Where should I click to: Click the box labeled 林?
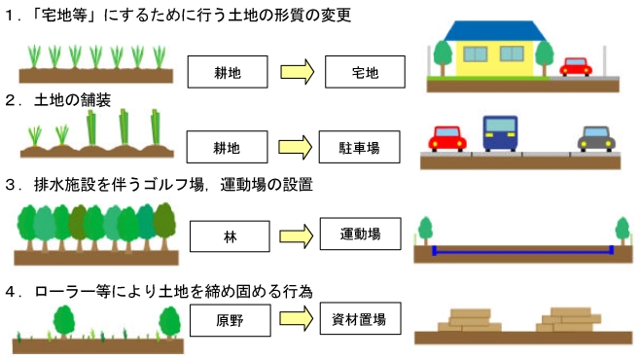tap(226, 234)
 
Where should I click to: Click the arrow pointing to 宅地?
tap(295, 71)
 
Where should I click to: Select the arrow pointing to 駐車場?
tap(295, 149)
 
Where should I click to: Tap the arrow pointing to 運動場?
tap(295, 234)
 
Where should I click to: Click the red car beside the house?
tap(576, 67)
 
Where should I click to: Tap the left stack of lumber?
tap(470, 321)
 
